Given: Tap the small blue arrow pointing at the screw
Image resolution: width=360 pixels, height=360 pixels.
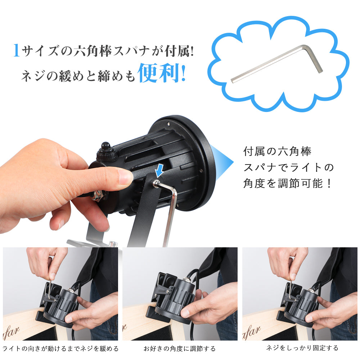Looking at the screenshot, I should point(158,170).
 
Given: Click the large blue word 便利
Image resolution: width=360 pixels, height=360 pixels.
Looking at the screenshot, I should point(158,73).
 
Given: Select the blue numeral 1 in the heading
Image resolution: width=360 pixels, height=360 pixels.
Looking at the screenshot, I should point(16,50).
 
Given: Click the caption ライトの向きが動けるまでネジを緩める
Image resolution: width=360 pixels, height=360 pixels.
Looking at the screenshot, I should point(60,348).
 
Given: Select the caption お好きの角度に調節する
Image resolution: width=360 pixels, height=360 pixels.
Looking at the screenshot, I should point(180,348).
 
